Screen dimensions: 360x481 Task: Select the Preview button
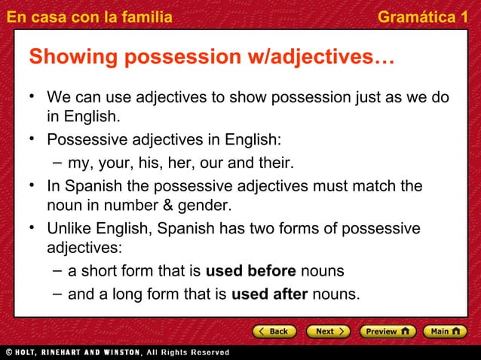click(386, 331)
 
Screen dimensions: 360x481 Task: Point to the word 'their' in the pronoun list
click(274, 163)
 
